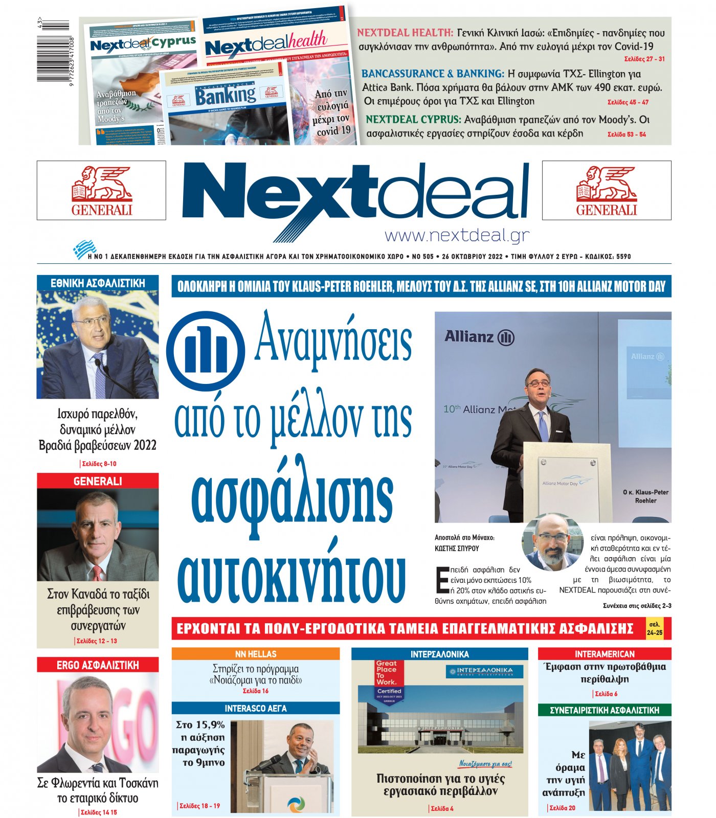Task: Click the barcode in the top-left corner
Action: (54, 51)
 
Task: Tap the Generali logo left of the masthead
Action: (101, 190)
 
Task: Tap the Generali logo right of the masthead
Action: (607, 190)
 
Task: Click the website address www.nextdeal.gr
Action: (457, 235)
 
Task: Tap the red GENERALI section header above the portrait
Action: (98, 481)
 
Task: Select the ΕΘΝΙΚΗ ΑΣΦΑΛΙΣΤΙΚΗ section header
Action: (98, 283)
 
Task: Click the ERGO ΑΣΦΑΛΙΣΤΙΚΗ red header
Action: (98, 665)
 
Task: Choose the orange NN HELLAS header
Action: (255, 654)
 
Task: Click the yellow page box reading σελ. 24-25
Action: (654, 628)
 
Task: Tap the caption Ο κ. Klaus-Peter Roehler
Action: (645, 496)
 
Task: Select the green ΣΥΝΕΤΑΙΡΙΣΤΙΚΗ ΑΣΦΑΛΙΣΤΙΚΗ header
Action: (604, 710)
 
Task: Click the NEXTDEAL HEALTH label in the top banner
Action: (405, 33)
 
